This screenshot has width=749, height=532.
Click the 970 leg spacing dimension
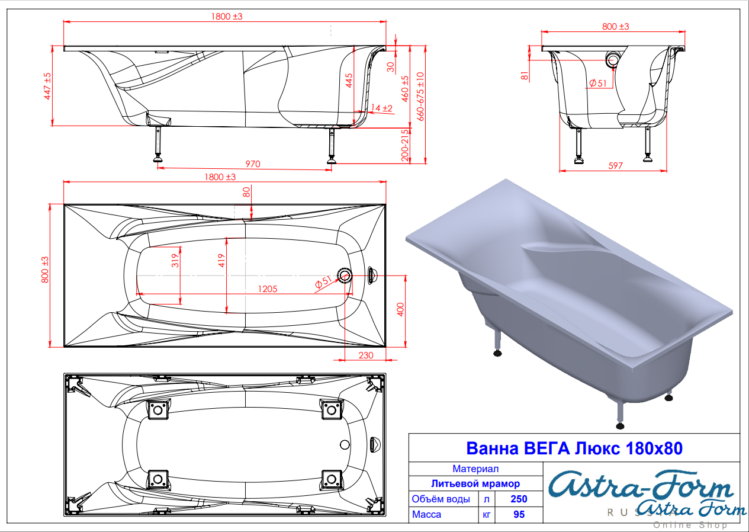tap(252, 164)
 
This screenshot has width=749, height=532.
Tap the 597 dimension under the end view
tap(615, 166)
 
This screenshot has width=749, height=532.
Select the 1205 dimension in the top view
tap(268, 289)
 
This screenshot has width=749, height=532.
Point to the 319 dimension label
tap(175, 261)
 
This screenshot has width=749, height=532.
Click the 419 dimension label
tap(221, 261)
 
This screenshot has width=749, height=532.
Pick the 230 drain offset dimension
tap(366, 355)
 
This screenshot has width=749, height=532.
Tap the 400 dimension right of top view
tap(400, 309)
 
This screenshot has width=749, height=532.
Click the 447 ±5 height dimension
tap(47, 86)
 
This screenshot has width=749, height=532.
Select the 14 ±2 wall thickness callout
tap(381, 108)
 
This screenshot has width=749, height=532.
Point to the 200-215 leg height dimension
tap(405, 146)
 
